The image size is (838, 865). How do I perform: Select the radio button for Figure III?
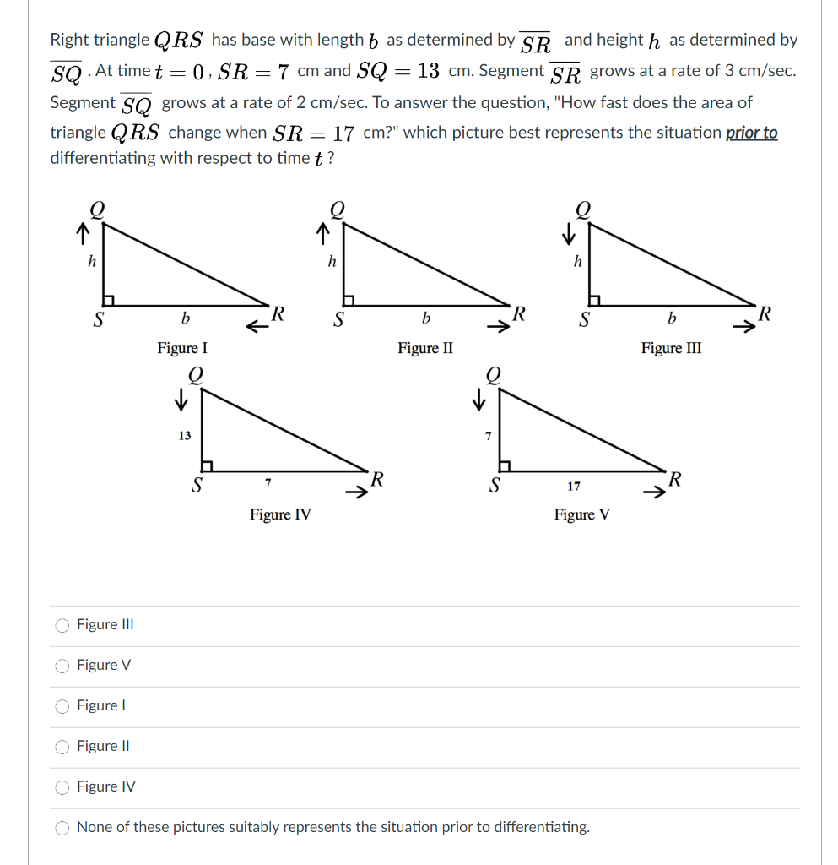(x=62, y=625)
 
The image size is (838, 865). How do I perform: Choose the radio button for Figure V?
(x=62, y=666)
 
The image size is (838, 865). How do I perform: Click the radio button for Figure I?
(x=62, y=706)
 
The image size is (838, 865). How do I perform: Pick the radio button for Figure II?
(x=62, y=747)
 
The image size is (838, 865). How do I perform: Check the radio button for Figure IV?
(x=62, y=787)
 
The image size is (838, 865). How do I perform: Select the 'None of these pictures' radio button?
(x=62, y=828)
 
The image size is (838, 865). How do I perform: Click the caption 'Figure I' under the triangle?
(x=182, y=348)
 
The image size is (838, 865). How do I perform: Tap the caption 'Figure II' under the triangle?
(x=425, y=348)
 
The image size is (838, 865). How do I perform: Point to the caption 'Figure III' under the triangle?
(x=671, y=348)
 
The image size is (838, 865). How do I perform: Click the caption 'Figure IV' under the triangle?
(x=280, y=514)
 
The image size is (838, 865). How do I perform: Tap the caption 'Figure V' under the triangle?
(x=582, y=514)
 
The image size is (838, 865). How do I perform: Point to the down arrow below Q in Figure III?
(x=571, y=231)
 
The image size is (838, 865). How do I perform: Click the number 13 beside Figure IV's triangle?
(x=184, y=436)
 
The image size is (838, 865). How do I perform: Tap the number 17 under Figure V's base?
(x=574, y=487)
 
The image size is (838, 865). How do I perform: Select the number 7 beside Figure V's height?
(x=487, y=436)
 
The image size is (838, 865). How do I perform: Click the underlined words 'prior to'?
(x=751, y=133)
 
